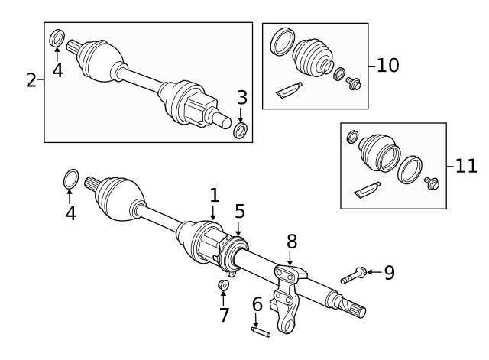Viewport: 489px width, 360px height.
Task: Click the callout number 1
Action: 215,195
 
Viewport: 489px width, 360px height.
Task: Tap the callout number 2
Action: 31,80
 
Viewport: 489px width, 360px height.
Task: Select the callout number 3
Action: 241,97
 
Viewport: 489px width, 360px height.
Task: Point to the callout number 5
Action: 239,210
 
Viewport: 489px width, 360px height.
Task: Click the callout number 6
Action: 257,304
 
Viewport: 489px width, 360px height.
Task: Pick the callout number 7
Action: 224,314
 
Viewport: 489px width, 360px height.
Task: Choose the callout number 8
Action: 291,242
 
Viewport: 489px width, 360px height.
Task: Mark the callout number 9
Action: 389,271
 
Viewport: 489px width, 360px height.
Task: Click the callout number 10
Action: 388,65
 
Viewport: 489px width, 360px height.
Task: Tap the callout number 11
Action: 466,166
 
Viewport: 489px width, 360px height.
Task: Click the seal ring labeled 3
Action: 240,131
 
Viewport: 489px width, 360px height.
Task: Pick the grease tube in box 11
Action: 367,190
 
